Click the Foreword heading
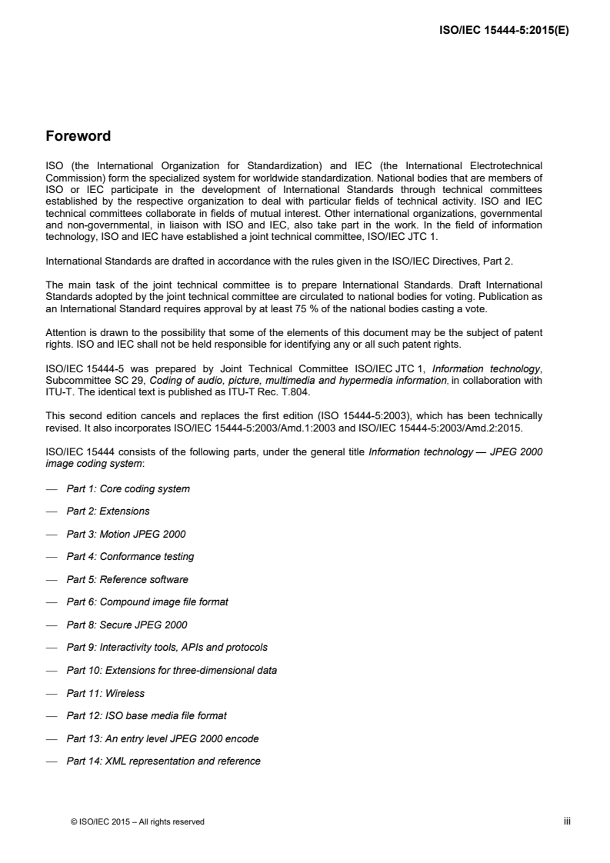[x=78, y=137]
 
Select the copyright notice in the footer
[x=137, y=821]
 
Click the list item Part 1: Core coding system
[x=128, y=489]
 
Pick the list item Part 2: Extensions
[x=108, y=511]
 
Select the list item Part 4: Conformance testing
[x=130, y=557]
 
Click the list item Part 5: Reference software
[x=127, y=579]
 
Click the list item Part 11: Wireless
[x=105, y=693]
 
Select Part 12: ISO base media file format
[x=146, y=716]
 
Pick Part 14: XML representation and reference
[x=163, y=761]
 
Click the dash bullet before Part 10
[x=52, y=671]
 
